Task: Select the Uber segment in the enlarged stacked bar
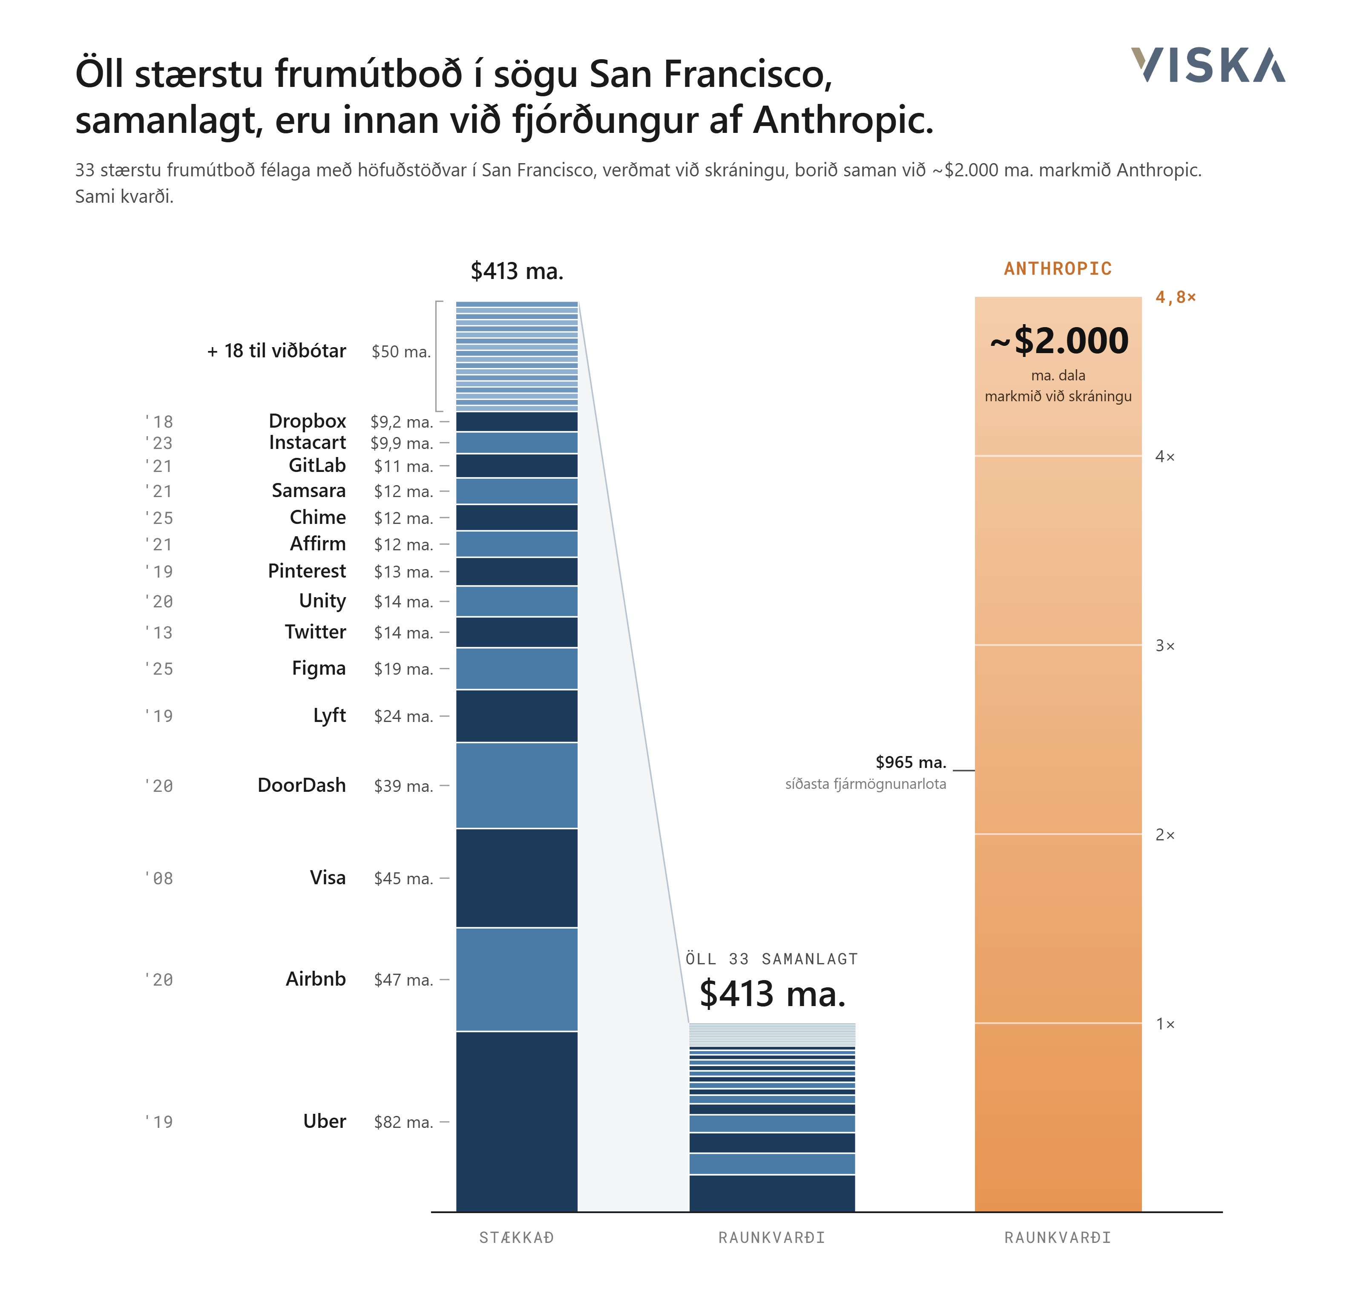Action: (x=517, y=1121)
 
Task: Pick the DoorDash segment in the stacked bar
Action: (x=517, y=785)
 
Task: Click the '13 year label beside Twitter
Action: (x=158, y=633)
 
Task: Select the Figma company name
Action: (x=319, y=668)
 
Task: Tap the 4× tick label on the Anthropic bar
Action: (x=1165, y=457)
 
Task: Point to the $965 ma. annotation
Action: (x=911, y=762)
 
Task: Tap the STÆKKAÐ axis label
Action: (x=517, y=1237)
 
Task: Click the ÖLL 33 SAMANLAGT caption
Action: (x=772, y=959)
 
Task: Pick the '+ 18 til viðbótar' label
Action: (x=276, y=351)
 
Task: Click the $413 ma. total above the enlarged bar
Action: (x=517, y=271)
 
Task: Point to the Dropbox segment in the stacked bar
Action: (x=517, y=421)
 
